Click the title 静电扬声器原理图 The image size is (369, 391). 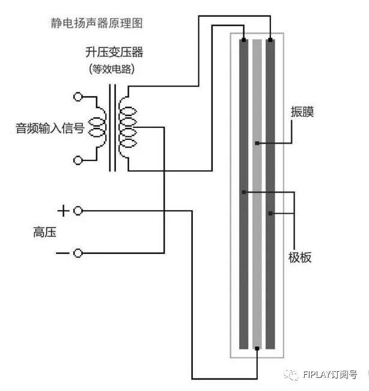click(96, 24)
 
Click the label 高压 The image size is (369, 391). click(44, 232)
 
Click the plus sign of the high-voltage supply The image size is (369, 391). click(63, 211)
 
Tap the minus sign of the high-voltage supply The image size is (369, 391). click(63, 253)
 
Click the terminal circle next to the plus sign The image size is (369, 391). click(78, 211)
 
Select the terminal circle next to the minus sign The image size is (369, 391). click(78, 253)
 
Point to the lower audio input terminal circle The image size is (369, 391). click(78, 160)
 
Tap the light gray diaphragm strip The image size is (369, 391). click(257, 240)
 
